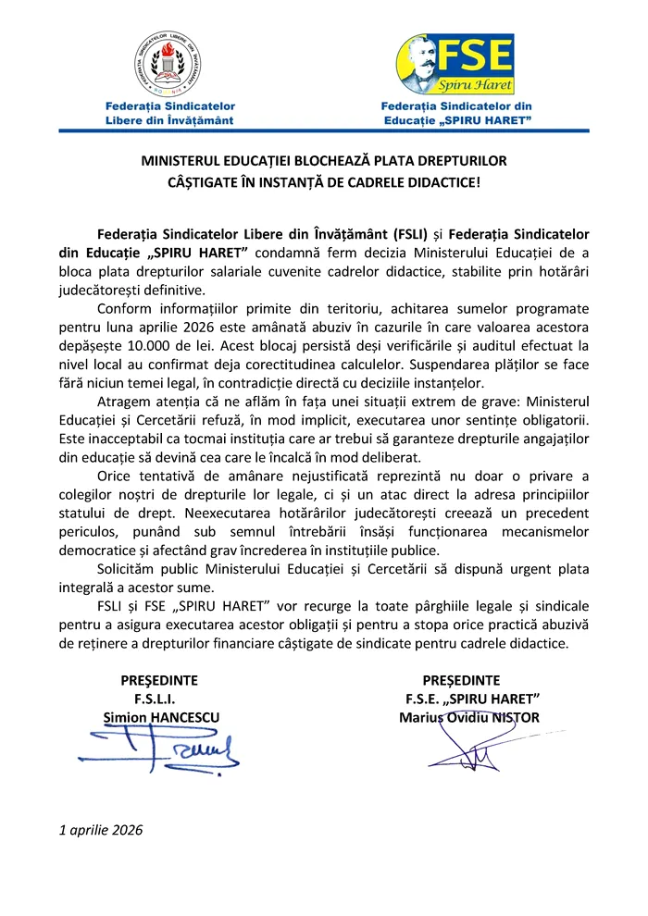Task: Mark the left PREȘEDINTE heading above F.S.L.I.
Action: (153, 680)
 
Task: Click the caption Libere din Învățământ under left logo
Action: (169, 120)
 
